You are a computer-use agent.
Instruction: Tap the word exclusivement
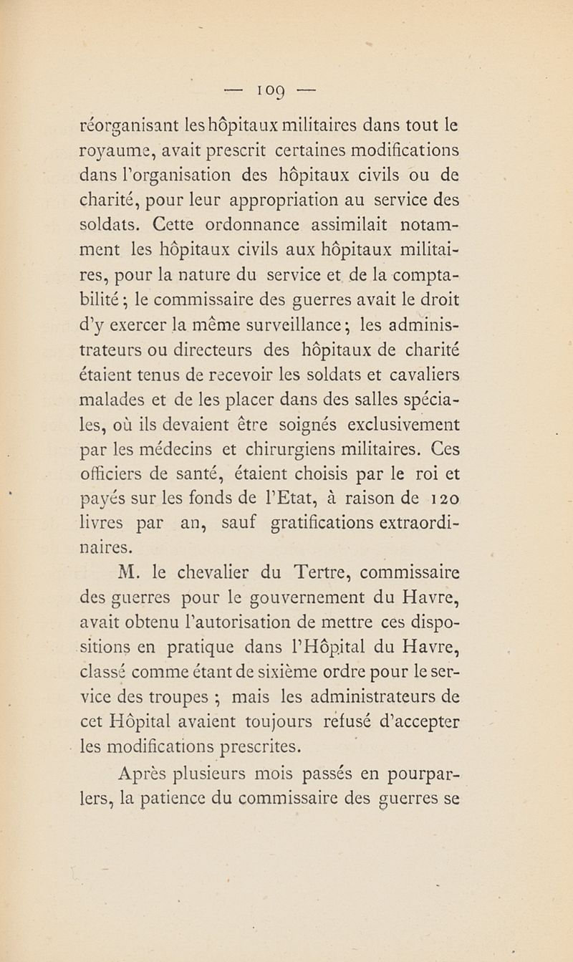pos(403,425)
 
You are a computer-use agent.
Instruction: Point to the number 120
pos(440,500)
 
